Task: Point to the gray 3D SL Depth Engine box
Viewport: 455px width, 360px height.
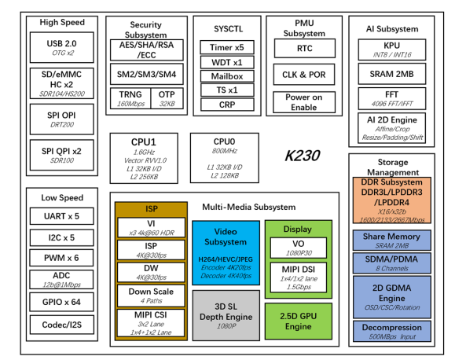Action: click(x=226, y=314)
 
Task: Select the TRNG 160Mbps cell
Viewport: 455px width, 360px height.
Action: click(x=127, y=97)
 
